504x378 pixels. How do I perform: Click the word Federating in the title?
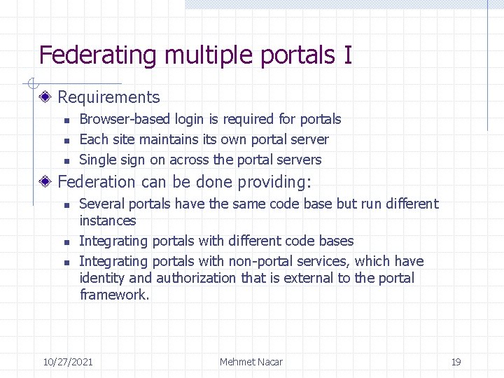pyautogui.click(x=97, y=55)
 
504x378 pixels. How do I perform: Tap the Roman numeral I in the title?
pyautogui.click(x=348, y=55)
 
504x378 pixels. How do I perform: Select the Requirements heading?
pyautogui.click(x=108, y=97)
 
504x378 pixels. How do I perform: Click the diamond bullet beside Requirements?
pyautogui.click(x=45, y=97)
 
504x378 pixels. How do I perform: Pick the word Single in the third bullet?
pyautogui.click(x=97, y=160)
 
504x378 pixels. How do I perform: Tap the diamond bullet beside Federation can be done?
pyautogui.click(x=45, y=182)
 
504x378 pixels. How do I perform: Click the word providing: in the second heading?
pyautogui.click(x=274, y=182)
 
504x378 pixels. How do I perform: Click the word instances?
pyautogui.click(x=108, y=220)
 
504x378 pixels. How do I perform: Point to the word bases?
pyautogui.click(x=336, y=241)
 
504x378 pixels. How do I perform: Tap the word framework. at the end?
pyautogui.click(x=115, y=295)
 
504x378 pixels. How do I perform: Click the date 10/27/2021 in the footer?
pyautogui.click(x=68, y=362)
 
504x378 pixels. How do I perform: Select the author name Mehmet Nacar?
pyautogui.click(x=251, y=362)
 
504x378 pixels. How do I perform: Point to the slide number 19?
pyautogui.click(x=456, y=362)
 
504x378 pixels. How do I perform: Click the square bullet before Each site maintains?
pyautogui.click(x=65, y=140)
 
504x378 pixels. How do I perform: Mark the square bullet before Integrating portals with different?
pyautogui.click(x=65, y=241)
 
